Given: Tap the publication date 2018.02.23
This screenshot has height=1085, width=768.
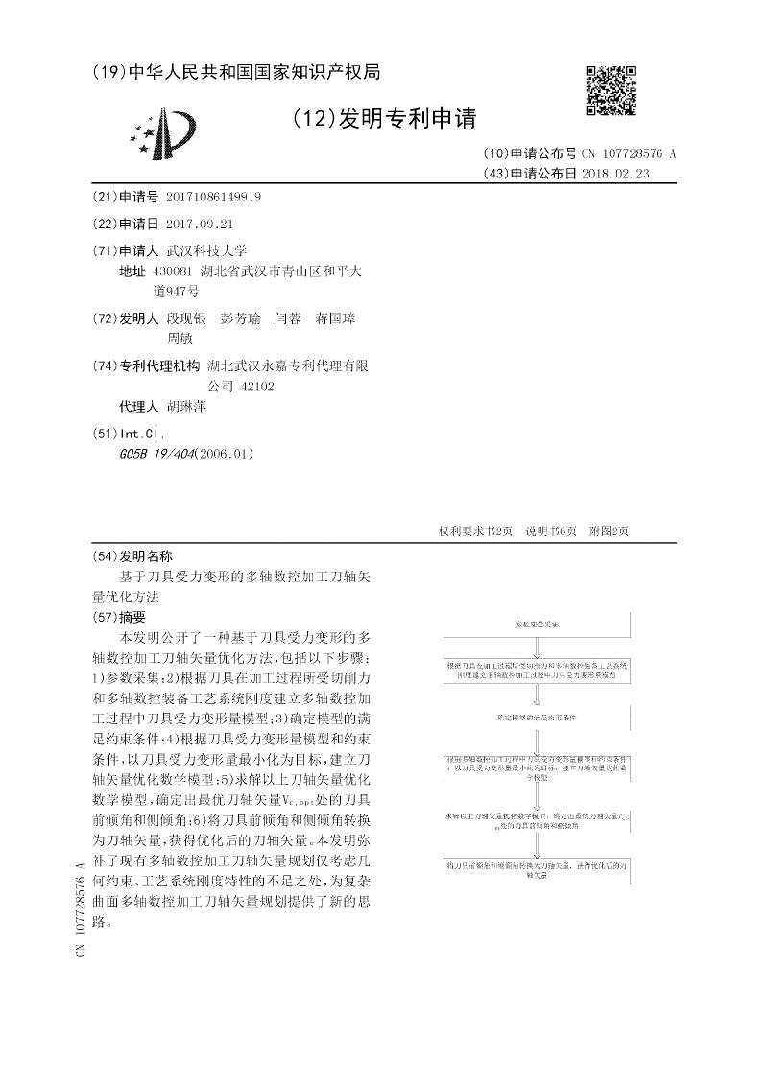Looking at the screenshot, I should (x=622, y=174).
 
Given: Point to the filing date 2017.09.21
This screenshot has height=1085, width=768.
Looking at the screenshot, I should (x=200, y=224).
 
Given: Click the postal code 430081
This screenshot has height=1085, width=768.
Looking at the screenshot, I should (x=180, y=271).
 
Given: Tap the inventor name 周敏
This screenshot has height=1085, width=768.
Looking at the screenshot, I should (x=180, y=338).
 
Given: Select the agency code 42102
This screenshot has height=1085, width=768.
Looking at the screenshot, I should (x=255, y=386).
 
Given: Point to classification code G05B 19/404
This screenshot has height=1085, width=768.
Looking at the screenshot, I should (x=154, y=453).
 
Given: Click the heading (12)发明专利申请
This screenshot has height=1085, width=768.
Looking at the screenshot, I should (x=383, y=118).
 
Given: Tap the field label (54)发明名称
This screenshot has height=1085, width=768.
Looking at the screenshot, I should (x=132, y=556).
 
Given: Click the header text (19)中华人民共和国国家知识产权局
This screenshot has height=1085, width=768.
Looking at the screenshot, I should (x=236, y=72).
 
